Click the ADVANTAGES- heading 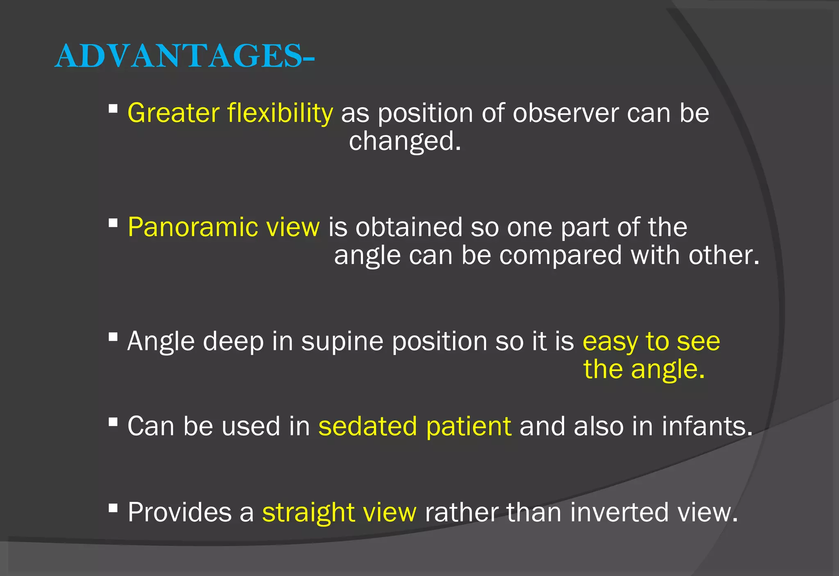(184, 56)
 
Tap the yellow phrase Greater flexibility (230, 113)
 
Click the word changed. (405, 141)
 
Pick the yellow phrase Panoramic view (223, 227)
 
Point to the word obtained (408, 227)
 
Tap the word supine (342, 341)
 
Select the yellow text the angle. (644, 369)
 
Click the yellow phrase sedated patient (415, 426)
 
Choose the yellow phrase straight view (339, 512)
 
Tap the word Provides (179, 512)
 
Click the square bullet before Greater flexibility (113, 109)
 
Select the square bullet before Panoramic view (113, 223)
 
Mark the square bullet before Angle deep (113, 337)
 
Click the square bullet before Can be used (113, 422)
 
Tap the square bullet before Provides (113, 508)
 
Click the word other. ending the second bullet (723, 255)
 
